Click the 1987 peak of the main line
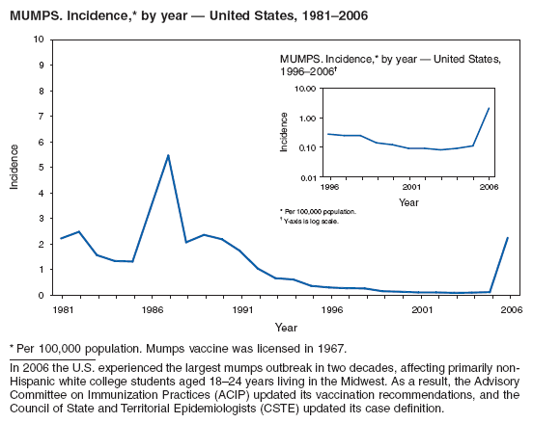click(x=168, y=155)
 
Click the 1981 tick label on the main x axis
click(x=61, y=310)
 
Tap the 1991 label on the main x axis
click(x=240, y=310)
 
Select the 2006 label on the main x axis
click(x=510, y=310)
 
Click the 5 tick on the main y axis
click(x=40, y=168)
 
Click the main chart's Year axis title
click(x=285, y=328)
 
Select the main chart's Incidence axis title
click(x=14, y=167)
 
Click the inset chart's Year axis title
click(x=408, y=202)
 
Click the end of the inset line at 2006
click(x=490, y=108)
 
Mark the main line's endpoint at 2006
click(x=508, y=238)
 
